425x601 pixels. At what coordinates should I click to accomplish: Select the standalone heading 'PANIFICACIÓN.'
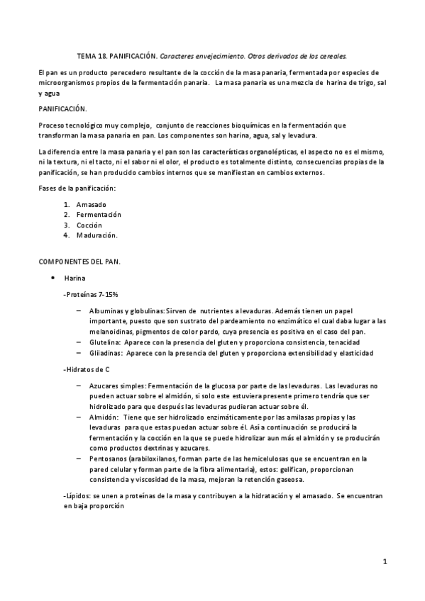pos(62,108)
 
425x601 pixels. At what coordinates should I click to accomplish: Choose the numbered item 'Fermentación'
pos(99,214)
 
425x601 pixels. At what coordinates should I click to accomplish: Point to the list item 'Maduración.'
pos(97,235)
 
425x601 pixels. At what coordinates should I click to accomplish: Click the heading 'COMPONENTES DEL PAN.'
pos(79,262)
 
